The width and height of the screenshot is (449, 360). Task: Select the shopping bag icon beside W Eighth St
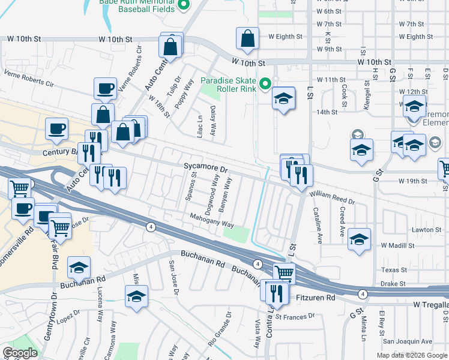247,39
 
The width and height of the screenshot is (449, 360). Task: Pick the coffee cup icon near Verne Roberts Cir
106,89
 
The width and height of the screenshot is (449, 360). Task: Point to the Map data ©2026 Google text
412,355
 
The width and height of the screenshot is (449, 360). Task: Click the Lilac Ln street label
200,126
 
